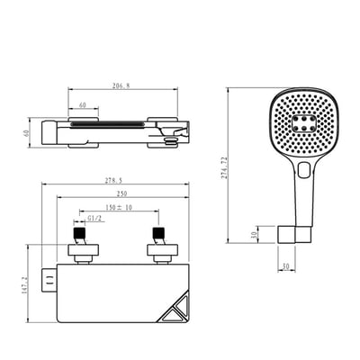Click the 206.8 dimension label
(x=121, y=85)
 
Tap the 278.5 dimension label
(x=113, y=181)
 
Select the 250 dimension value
(x=121, y=193)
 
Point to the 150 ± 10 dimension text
(x=119, y=207)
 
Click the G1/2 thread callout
(x=94, y=219)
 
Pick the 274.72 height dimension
(x=224, y=167)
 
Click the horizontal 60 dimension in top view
(x=83, y=105)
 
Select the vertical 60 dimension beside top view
(x=26, y=133)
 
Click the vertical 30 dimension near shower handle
(x=254, y=234)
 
